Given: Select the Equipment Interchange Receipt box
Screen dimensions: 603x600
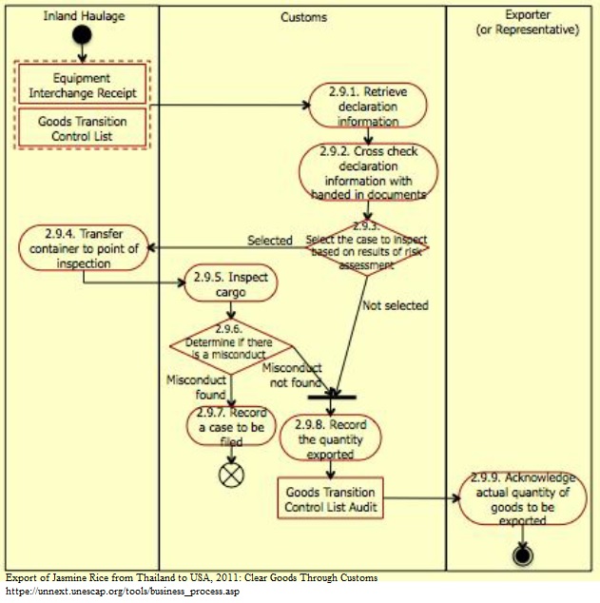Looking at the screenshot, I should click(x=82, y=86).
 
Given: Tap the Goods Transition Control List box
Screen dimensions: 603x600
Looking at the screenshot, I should click(x=82, y=129).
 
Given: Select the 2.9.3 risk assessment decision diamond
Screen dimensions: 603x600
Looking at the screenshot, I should click(x=366, y=246).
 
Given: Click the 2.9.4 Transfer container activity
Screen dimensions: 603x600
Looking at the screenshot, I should click(x=84, y=247).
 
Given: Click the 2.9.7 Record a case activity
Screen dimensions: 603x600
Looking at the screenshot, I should click(x=231, y=426).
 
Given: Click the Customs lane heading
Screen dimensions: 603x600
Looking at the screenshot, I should click(x=303, y=17).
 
